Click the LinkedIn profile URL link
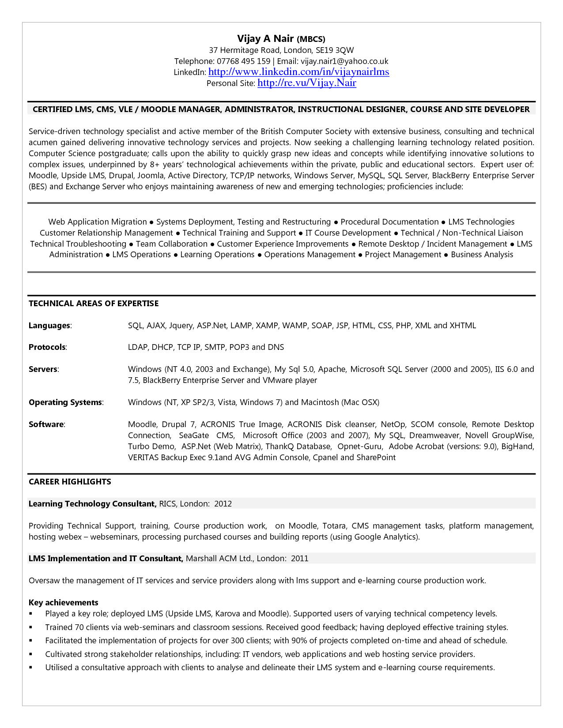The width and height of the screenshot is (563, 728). (x=299, y=72)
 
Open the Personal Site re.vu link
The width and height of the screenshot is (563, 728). (x=306, y=83)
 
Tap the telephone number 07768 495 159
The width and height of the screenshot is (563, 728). (x=243, y=61)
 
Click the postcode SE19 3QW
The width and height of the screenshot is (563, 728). (x=335, y=50)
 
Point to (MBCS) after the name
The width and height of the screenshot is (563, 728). (x=311, y=39)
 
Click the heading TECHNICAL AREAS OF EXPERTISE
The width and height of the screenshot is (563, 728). (x=94, y=304)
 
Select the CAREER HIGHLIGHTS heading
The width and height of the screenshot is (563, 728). (x=70, y=482)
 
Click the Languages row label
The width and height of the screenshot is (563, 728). (x=49, y=326)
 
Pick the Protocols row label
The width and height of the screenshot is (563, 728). (x=47, y=347)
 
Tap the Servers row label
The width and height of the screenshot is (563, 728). (x=43, y=369)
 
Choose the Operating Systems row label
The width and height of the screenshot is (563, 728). (x=65, y=402)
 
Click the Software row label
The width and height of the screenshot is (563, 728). (x=46, y=424)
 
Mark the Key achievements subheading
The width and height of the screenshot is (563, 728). (x=64, y=603)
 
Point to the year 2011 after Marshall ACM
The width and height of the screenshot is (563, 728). (x=299, y=559)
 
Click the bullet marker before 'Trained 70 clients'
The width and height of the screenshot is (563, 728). (x=31, y=627)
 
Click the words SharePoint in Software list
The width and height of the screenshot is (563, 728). (x=376, y=458)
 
